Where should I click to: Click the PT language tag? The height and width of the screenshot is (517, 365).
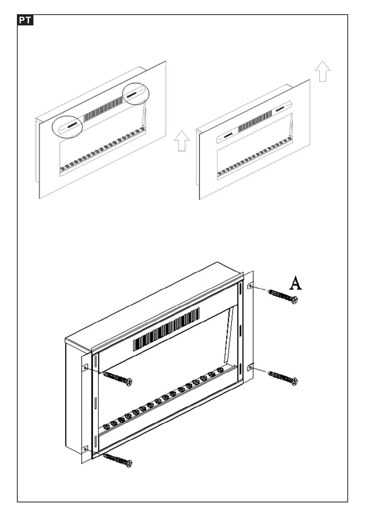(x=25, y=20)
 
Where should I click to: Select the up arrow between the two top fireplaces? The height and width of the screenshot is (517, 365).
(x=182, y=141)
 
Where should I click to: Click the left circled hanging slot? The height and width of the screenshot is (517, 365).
(x=72, y=125)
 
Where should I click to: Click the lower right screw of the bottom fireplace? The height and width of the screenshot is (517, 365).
(x=284, y=377)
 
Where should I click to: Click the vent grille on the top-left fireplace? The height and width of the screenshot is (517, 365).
(x=103, y=109)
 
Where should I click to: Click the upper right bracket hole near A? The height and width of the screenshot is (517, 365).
(x=251, y=287)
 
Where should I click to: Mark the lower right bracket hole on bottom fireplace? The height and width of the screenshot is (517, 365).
(x=251, y=368)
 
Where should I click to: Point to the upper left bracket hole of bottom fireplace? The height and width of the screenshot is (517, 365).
(x=85, y=368)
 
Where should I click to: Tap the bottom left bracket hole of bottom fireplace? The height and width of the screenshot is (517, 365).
(x=85, y=449)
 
